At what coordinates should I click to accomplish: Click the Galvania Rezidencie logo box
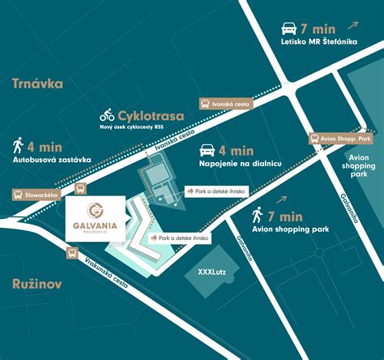pyautogui.click(x=94, y=216)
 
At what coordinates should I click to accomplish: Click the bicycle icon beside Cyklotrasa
pyautogui.click(x=107, y=116)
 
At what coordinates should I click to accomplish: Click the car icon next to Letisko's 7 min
pyautogui.click(x=288, y=26)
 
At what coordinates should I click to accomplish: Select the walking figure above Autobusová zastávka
pyautogui.click(x=18, y=146)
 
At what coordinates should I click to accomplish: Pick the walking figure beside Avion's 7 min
pyautogui.click(x=257, y=216)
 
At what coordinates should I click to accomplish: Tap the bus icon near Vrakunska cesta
pyautogui.click(x=72, y=253)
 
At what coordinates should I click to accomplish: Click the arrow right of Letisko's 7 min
pyautogui.click(x=356, y=24)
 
